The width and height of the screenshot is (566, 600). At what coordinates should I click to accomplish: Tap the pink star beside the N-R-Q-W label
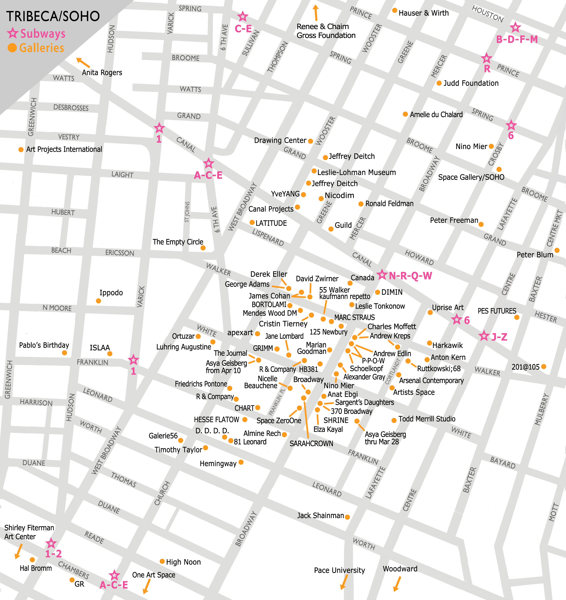(382, 274)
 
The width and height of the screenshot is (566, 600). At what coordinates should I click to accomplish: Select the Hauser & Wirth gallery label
(423, 13)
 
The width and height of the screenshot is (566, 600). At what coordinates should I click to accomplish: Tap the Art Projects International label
(64, 150)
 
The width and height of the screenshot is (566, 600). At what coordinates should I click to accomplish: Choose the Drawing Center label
(280, 140)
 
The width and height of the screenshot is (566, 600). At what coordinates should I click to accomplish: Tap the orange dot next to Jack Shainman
(347, 517)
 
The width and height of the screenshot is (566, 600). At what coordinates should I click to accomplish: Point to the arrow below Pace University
(343, 582)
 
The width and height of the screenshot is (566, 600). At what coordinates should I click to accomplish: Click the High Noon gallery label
(183, 562)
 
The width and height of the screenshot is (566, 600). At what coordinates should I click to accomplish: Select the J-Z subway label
(499, 337)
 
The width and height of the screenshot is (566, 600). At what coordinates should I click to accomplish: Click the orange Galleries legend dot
(12, 48)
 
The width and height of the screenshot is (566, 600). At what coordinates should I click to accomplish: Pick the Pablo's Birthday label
(44, 345)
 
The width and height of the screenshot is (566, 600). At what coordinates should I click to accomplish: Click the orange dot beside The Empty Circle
(203, 248)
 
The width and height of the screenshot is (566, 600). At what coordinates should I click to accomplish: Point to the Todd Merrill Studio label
(427, 419)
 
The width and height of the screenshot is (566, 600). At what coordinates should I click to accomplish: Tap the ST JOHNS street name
(187, 212)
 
